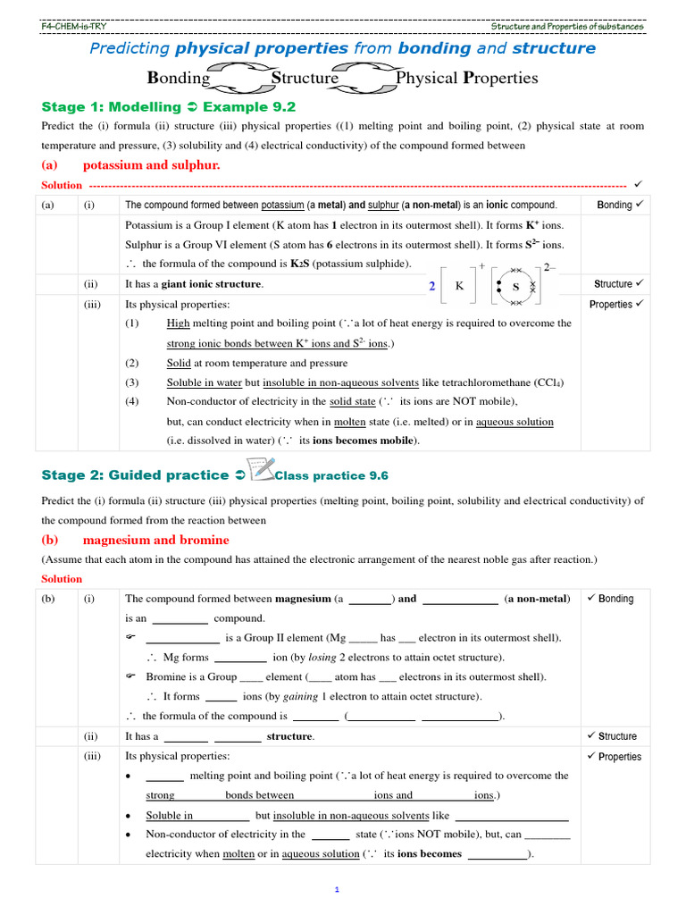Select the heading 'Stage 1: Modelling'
(112, 106)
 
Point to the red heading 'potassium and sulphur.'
(151, 165)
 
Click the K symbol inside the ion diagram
(459, 286)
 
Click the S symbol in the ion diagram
(515, 286)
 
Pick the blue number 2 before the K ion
(431, 286)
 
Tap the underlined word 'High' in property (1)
(178, 323)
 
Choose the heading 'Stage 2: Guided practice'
(134, 475)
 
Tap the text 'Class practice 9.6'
(331, 476)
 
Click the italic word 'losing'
(309, 657)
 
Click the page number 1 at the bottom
(338, 890)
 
